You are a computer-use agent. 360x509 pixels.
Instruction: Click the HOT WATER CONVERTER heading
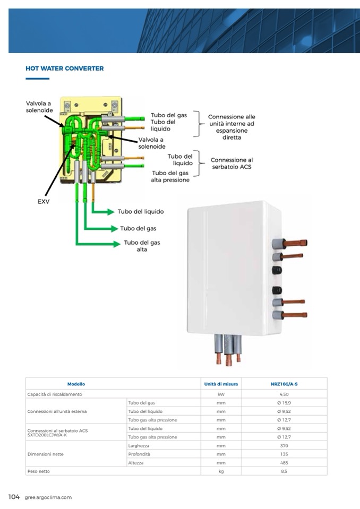[64, 68]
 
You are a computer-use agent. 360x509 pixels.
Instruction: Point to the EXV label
[44, 202]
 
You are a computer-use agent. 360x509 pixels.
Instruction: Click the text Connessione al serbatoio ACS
[232, 163]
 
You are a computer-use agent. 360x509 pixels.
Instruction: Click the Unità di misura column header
[221, 384]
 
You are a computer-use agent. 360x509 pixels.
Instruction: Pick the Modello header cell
[76, 384]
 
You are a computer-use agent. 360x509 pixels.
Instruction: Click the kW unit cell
[221, 394]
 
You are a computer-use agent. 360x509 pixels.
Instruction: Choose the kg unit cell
[221, 471]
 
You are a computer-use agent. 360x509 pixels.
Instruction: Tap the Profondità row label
[139, 454]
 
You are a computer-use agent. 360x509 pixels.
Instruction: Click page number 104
[14, 497]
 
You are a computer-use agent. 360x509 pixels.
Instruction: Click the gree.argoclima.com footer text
[48, 497]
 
